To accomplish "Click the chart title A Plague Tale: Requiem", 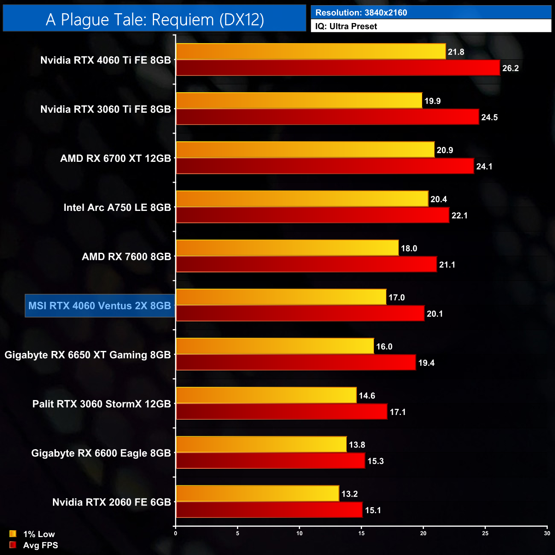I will (x=155, y=20).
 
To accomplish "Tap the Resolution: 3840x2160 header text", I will (x=361, y=13).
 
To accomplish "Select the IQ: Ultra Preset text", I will (x=346, y=26).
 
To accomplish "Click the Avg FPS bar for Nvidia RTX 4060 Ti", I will (x=337, y=68).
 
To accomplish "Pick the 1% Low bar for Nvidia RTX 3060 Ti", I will (x=299, y=101).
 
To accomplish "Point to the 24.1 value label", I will (x=484, y=166).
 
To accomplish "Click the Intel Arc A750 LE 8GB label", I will (x=117, y=207).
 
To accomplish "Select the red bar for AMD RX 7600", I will (x=306, y=265).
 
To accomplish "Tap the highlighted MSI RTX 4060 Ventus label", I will (x=100, y=306).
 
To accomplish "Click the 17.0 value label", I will (x=396, y=298).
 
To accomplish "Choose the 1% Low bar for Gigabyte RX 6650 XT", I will (x=275, y=346).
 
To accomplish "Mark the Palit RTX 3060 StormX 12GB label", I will (x=102, y=404).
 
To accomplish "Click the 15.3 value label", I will (x=375, y=461).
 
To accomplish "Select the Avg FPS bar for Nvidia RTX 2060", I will (x=269, y=510).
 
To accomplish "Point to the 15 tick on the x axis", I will (x=362, y=533).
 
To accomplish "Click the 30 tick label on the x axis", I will (x=547, y=533).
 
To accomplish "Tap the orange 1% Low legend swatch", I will (x=13, y=534).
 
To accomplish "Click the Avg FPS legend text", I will (x=41, y=545).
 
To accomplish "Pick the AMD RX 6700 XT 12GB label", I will (x=115, y=158).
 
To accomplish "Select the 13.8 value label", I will (x=357, y=445).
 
